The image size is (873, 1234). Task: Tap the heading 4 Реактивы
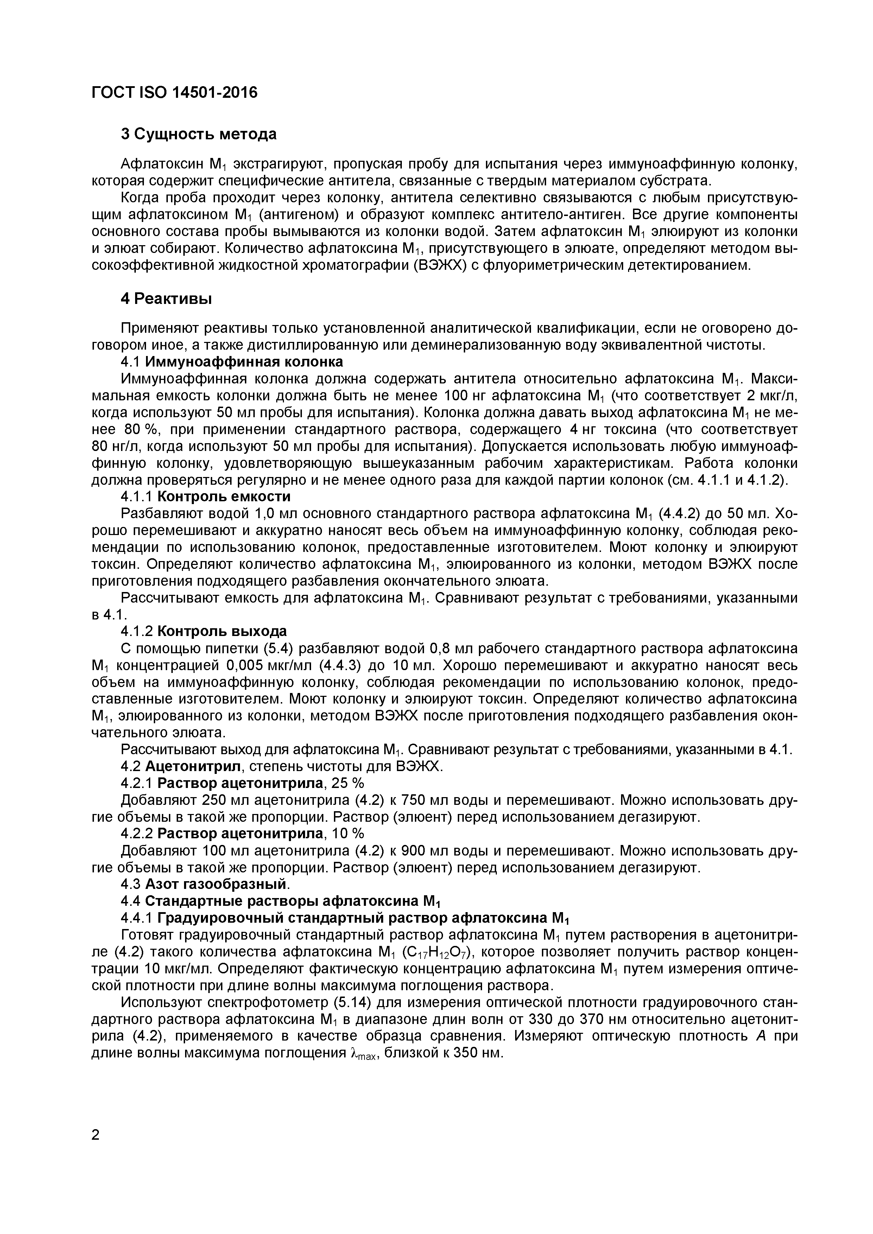click(166, 298)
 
